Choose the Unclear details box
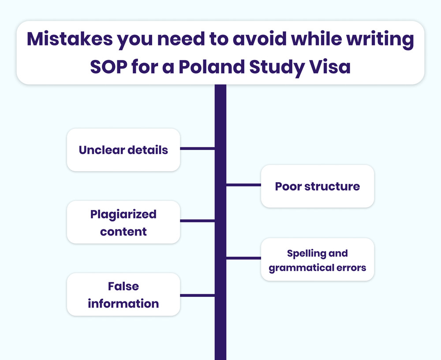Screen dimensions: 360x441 (x=123, y=150)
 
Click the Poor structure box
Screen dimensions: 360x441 (x=318, y=186)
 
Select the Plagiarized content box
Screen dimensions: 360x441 (x=123, y=222)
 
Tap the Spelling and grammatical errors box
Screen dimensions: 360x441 (x=318, y=260)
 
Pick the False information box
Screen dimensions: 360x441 (x=123, y=295)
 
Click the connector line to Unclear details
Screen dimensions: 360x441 (x=198, y=149)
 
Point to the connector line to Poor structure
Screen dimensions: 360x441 (x=243, y=185)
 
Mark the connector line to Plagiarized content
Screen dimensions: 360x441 (x=198, y=221)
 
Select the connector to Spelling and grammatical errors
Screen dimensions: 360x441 (x=243, y=258)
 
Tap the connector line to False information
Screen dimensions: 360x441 (x=198, y=295)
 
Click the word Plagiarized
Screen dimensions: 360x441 (x=123, y=214)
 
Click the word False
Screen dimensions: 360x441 (x=123, y=286)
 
